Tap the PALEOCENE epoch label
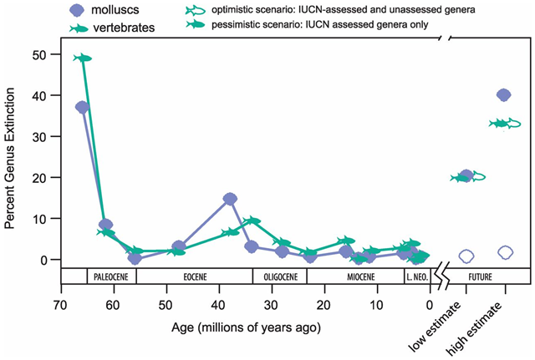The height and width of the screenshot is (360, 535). coord(110,275)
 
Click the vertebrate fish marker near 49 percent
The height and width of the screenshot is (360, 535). coord(82,58)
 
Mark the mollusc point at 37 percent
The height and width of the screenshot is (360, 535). coord(82,107)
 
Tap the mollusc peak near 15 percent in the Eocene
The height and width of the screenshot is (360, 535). coord(231,199)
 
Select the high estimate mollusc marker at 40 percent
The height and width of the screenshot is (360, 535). coord(504,94)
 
